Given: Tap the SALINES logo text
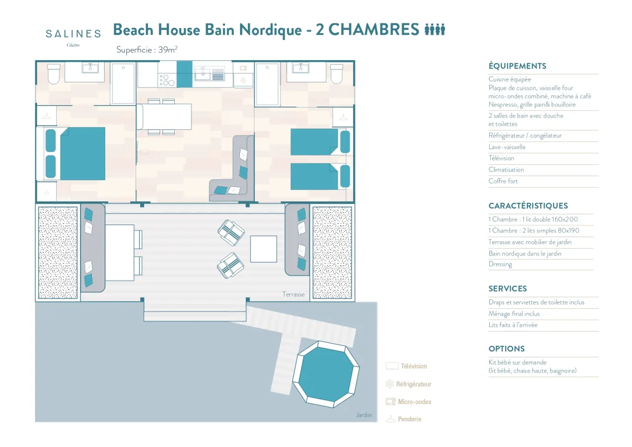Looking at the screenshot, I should click(73, 34).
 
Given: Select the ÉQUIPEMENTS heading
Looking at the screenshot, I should click(517, 66).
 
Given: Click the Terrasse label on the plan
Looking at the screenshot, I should click(293, 294).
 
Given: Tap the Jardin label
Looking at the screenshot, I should click(363, 415).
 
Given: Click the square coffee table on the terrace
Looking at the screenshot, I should click(263, 249).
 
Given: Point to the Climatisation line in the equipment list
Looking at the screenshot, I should click(506, 170).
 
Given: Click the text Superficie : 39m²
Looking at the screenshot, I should click(147, 50).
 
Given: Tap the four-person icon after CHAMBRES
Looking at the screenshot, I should click(435, 30).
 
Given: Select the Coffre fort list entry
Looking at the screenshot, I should click(503, 181).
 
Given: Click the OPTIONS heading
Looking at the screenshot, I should click(506, 349).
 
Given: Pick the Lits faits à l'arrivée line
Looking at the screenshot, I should click(513, 325).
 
